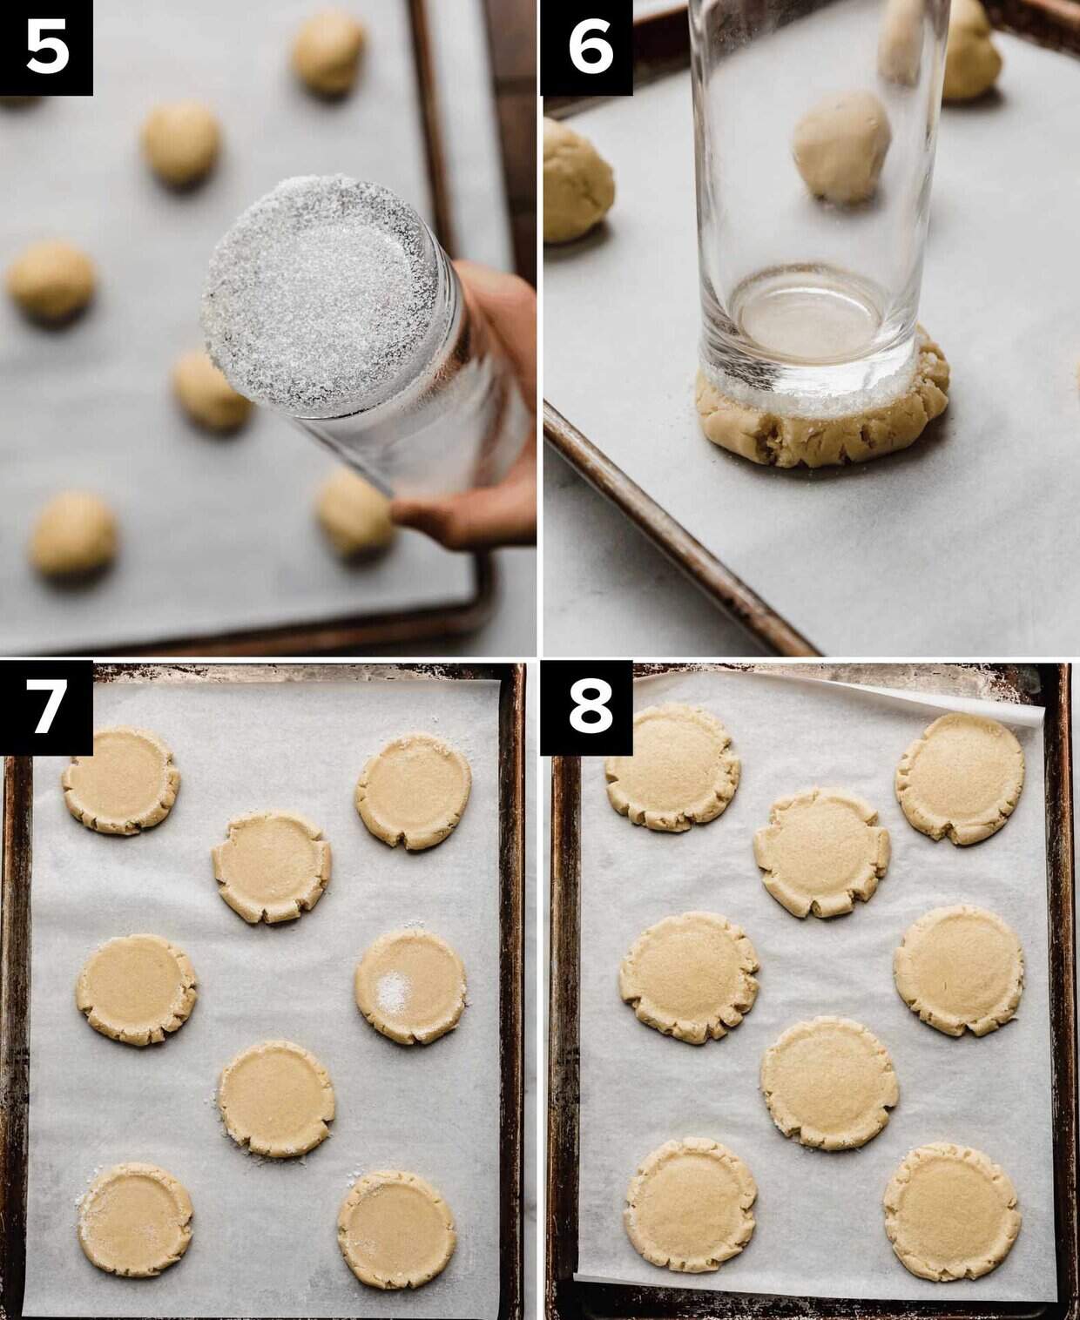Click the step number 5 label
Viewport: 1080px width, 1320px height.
pyautogui.click(x=47, y=47)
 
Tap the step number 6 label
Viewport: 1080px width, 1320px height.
pyautogui.click(x=589, y=47)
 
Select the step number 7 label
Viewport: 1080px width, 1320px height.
pyautogui.click(x=47, y=708)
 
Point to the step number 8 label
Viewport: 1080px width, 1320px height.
pyautogui.click(x=589, y=708)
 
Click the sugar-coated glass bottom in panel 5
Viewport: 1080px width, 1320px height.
pyautogui.click(x=321, y=295)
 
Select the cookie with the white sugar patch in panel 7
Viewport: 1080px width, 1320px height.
pyautogui.click(x=410, y=986)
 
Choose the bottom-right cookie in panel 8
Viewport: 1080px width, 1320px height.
pyautogui.click(x=952, y=1212)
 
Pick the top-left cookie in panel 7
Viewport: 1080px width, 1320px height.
pyautogui.click(x=121, y=780)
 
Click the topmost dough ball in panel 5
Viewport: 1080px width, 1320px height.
pyautogui.click(x=327, y=52)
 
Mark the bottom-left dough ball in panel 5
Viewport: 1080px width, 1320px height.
pyautogui.click(x=73, y=533)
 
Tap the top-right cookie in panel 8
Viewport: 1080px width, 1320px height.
pyautogui.click(x=960, y=779)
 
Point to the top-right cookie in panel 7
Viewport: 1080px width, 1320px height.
pyautogui.click(x=413, y=791)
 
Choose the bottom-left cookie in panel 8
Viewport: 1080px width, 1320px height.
pyautogui.click(x=691, y=1205)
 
